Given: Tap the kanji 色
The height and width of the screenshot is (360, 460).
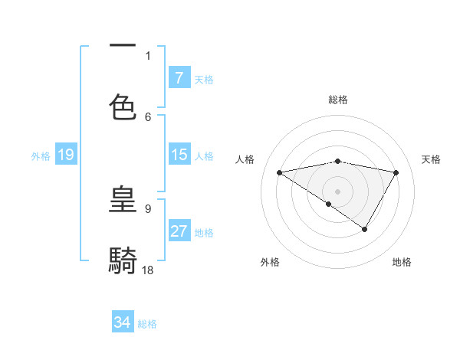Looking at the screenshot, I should pos(123,106).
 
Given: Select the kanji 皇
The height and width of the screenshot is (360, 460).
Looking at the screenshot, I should pos(123,200).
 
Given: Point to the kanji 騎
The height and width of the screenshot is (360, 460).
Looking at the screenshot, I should pos(123,260).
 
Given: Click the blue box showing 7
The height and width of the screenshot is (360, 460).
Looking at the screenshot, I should pos(179,77).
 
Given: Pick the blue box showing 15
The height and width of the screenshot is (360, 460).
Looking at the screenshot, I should pos(179,155).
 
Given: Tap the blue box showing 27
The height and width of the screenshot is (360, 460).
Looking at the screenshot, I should pos(179,231).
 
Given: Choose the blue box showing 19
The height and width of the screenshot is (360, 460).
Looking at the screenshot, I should pos(65,155).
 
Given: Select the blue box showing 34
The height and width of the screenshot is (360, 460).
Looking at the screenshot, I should pos(122,322).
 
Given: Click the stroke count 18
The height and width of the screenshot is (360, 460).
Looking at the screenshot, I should pos(148,270).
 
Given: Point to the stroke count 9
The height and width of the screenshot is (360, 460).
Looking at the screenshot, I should pos(148,208).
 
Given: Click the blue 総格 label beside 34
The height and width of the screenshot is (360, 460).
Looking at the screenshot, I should pos(147,324).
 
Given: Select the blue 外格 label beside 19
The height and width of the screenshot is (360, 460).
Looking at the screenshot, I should pos(41,156).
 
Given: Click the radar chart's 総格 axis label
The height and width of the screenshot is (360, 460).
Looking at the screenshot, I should pos(338,100).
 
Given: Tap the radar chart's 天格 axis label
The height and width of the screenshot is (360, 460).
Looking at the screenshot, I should pos(432,159).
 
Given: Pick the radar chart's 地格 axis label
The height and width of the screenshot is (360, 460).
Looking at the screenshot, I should pos(402,262).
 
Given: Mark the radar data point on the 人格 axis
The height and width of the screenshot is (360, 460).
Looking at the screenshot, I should pos(280,172).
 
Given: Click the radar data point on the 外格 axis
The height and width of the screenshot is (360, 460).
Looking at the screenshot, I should pos(329,204).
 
